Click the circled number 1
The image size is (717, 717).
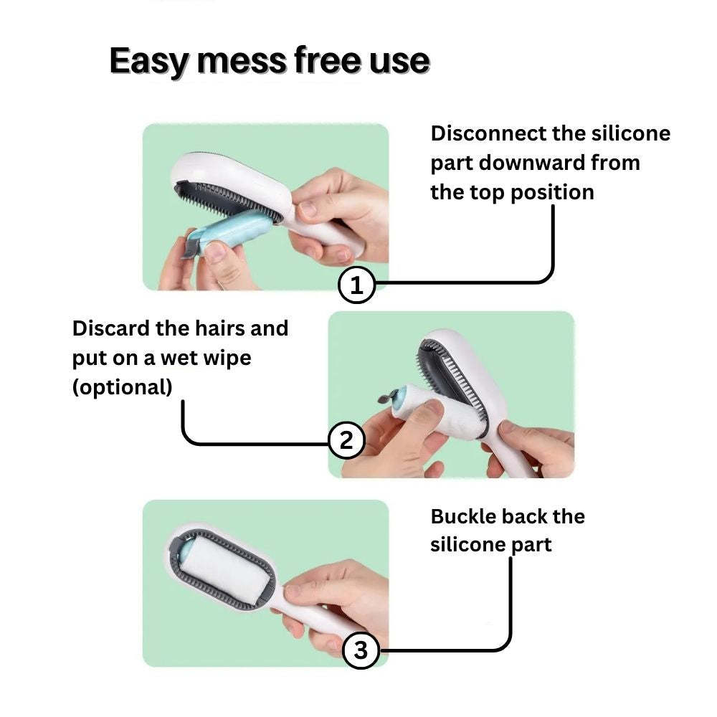356,286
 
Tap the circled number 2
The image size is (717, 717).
347,440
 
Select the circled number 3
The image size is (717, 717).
361,650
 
